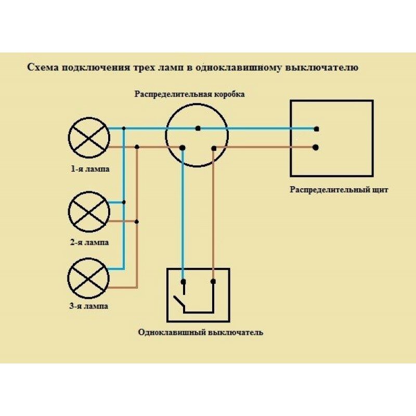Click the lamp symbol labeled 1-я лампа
(89, 138)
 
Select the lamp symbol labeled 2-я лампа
(89, 211)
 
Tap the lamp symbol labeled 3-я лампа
(89, 278)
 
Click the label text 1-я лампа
(90, 168)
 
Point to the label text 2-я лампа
(90, 242)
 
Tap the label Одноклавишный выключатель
(201, 332)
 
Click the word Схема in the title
(41, 68)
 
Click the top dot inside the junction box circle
(198, 128)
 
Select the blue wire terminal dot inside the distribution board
(316, 128)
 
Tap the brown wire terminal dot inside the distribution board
(316, 147)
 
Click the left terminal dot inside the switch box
(183, 282)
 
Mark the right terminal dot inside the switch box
(213, 282)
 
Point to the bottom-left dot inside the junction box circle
(182, 148)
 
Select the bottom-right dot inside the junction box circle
(214, 148)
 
